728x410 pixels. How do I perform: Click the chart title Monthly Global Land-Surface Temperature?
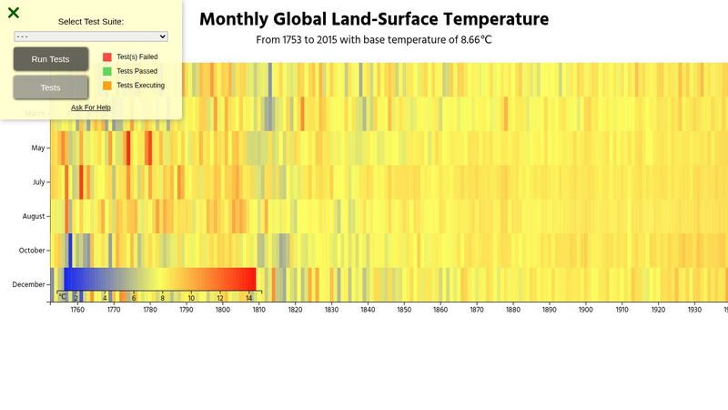374,19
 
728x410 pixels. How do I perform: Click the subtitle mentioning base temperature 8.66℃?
374,40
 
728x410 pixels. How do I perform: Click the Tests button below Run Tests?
51,87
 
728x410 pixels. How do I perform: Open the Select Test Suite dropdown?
91,36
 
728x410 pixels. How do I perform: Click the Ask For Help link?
91,108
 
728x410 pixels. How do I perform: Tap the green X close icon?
14,13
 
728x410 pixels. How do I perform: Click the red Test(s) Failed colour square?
107,56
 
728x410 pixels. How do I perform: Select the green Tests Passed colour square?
107,71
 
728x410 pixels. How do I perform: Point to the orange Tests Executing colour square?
107,85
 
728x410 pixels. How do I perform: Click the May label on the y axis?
38,148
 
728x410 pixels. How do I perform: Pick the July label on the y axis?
38,182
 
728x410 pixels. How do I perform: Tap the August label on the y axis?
34,216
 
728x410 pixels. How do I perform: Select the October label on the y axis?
33,251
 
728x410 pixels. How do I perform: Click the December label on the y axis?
29,284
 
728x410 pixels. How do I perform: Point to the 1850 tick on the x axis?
404,310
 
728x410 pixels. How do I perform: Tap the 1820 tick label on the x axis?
295,310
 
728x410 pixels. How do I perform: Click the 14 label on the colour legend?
249,298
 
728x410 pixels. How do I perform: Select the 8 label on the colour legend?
163,298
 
